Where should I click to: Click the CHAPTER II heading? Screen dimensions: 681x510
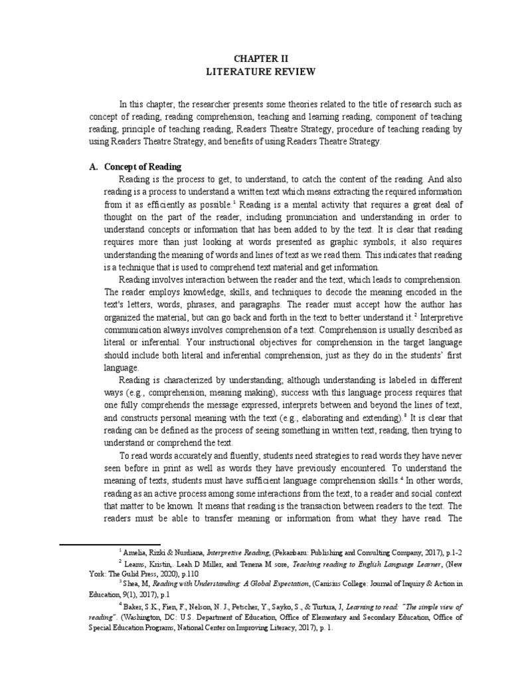coord(254,59)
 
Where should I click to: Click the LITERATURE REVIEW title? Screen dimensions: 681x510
coord(254,71)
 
